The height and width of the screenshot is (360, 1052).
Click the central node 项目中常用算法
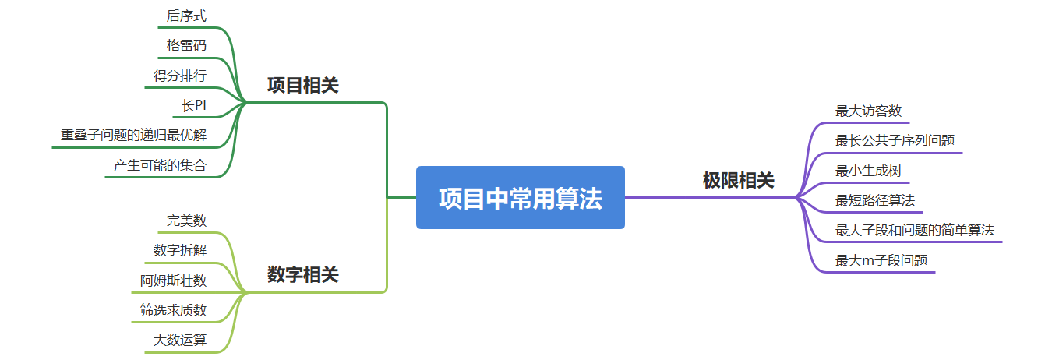(520, 198)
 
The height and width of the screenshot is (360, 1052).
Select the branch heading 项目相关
(302, 85)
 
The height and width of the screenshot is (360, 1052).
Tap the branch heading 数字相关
(302, 274)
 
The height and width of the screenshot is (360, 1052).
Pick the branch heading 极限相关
(738, 181)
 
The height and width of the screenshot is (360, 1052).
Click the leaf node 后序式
(186, 16)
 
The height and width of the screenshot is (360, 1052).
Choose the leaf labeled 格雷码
(186, 45)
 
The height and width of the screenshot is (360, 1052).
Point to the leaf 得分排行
(180, 76)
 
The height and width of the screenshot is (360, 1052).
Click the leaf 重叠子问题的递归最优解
(134, 135)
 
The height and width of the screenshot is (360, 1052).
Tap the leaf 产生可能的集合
(160, 165)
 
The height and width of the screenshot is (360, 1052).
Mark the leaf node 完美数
(186, 221)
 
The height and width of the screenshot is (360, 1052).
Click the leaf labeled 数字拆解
(180, 250)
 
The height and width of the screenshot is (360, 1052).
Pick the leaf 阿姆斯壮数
(174, 280)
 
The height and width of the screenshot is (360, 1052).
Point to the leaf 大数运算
(180, 340)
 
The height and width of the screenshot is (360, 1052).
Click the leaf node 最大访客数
(868, 111)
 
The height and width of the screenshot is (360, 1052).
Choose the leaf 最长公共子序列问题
(895, 141)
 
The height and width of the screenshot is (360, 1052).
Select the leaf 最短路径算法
(874, 200)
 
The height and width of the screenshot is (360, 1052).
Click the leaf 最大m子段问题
(881, 260)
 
